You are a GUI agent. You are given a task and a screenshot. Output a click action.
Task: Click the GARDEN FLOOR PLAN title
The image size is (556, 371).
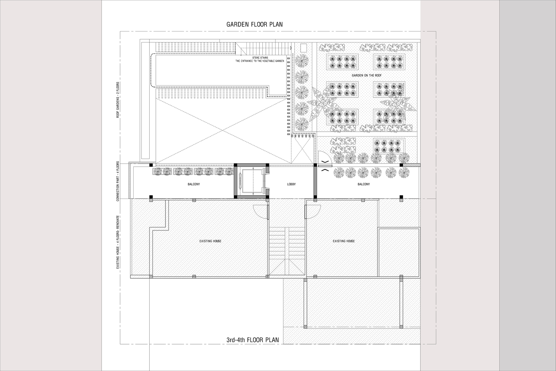(x=254, y=24)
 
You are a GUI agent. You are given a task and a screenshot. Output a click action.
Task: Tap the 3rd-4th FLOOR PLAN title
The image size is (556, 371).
(x=253, y=340)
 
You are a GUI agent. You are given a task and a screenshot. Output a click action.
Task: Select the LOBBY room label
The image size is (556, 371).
(x=291, y=184)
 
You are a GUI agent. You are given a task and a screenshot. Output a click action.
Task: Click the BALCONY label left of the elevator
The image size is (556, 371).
(x=194, y=184)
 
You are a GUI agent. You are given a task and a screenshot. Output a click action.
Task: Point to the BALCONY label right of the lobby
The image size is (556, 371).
(x=364, y=184)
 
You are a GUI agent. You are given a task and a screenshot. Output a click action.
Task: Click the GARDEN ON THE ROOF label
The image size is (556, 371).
(x=367, y=75)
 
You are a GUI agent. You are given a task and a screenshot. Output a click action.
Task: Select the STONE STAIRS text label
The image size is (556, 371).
(x=260, y=58)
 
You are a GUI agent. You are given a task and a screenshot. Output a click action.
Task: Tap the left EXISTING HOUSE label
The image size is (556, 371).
(x=210, y=241)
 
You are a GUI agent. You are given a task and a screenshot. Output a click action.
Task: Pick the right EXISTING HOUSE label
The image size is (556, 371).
(x=344, y=241)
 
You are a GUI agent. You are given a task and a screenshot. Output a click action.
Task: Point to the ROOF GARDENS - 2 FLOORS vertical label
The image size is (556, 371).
(x=118, y=100)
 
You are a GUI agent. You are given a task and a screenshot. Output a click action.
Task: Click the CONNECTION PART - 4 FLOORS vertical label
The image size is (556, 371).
(x=118, y=181)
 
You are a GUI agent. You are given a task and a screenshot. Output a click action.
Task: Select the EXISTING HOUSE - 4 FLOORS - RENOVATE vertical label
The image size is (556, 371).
(x=118, y=242)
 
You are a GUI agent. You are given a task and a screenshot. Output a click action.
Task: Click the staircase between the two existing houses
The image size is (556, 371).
(x=287, y=251)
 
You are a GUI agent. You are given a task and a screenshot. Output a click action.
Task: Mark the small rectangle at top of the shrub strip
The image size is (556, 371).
(x=304, y=48)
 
